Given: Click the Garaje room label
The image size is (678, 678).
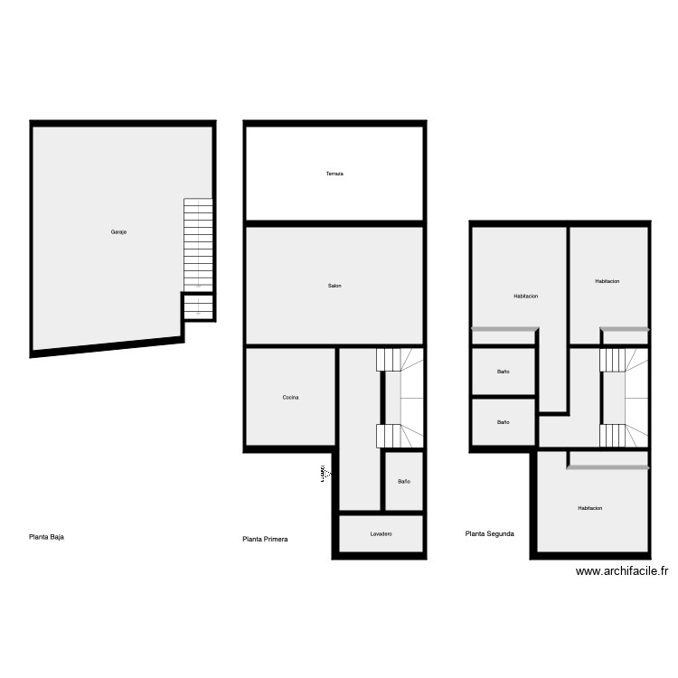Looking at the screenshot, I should pyautogui.click(x=118, y=232).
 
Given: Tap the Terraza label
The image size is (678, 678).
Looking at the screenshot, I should pyautogui.click(x=334, y=173).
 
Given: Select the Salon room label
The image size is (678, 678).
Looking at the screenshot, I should pyautogui.click(x=334, y=286).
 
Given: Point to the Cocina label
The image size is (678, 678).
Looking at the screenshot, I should pyautogui.click(x=290, y=398).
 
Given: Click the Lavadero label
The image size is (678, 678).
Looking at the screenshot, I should pyautogui.click(x=381, y=534).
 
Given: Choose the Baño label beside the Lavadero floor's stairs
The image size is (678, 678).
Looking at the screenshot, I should pyautogui.click(x=403, y=481).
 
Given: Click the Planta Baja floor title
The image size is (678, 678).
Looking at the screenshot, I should pyautogui.click(x=47, y=536).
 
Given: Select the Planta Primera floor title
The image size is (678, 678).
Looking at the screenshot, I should pyautogui.click(x=265, y=540).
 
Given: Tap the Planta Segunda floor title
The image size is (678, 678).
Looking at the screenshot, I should pyautogui.click(x=490, y=534).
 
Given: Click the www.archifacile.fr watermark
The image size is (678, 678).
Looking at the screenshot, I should pyautogui.click(x=622, y=571).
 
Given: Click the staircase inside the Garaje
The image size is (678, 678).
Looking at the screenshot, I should pyautogui.click(x=198, y=242).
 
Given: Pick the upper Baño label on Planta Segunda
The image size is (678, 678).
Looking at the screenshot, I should pyautogui.click(x=503, y=372).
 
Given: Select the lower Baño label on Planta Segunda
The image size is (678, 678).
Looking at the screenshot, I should pyautogui.click(x=503, y=422).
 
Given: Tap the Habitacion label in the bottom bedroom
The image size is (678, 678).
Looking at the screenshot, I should pyautogui.click(x=590, y=508).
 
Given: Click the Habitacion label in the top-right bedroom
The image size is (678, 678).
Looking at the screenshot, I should pyautogui.click(x=607, y=281).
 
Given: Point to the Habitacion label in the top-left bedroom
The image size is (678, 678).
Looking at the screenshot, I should pyautogui.click(x=526, y=296).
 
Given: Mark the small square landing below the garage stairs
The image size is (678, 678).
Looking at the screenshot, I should pyautogui.click(x=198, y=306).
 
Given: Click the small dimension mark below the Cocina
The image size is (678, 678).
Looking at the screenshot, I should pyautogui.click(x=323, y=473).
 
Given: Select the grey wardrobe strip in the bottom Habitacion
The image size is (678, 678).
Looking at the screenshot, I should pyautogui.click(x=608, y=467).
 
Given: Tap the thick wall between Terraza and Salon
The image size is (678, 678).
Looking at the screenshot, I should pyautogui.click(x=334, y=222).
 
